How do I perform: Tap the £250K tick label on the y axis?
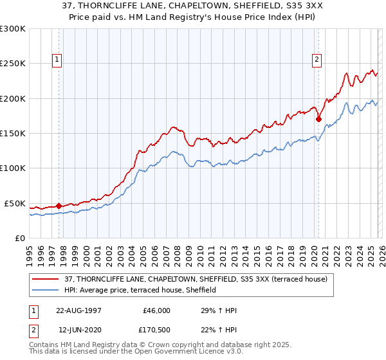tap(12, 64)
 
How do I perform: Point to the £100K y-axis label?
tap(12, 168)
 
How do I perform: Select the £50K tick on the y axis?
tap(15, 203)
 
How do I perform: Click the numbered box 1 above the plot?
tap(57, 60)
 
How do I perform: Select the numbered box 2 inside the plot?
tap(317, 60)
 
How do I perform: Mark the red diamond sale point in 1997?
tap(59, 206)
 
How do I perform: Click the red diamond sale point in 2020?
tap(318, 119)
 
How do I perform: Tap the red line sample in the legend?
tap(46, 279)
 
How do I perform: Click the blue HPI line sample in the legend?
tap(46, 291)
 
